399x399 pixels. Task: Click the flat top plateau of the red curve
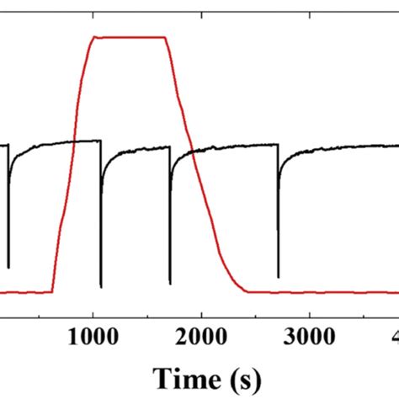[x=129, y=37]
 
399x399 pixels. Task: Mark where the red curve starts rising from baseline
[x=52, y=291]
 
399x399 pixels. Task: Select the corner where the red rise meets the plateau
[x=93, y=37]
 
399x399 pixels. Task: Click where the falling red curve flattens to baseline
[x=246, y=291]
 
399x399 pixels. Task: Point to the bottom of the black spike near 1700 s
[x=170, y=283]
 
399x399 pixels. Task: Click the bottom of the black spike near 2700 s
[x=279, y=277]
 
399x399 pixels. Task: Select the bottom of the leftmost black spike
[x=9, y=267]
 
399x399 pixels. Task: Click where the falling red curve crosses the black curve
[x=191, y=152]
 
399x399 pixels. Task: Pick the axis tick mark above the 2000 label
[x=201, y=312]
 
